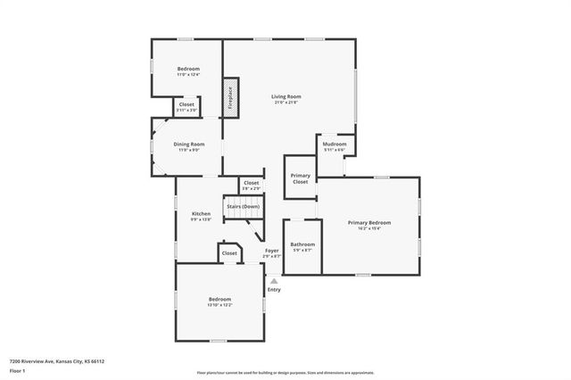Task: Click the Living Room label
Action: coord(286,96)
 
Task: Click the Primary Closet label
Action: coord(301,178)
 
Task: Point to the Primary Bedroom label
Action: coord(369,223)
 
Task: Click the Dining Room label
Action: coord(189,145)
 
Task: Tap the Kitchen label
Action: coord(202,214)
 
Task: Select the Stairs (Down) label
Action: coord(243,206)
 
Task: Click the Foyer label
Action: coord(271,252)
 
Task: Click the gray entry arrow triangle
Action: coord(274,281)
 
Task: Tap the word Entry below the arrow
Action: coord(274,290)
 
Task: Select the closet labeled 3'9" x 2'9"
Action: coord(251,184)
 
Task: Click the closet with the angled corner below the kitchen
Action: coord(229,253)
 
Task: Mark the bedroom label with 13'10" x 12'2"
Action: coord(220,301)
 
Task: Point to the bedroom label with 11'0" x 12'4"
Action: coord(188,70)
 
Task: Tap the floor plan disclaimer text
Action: coord(285,372)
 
